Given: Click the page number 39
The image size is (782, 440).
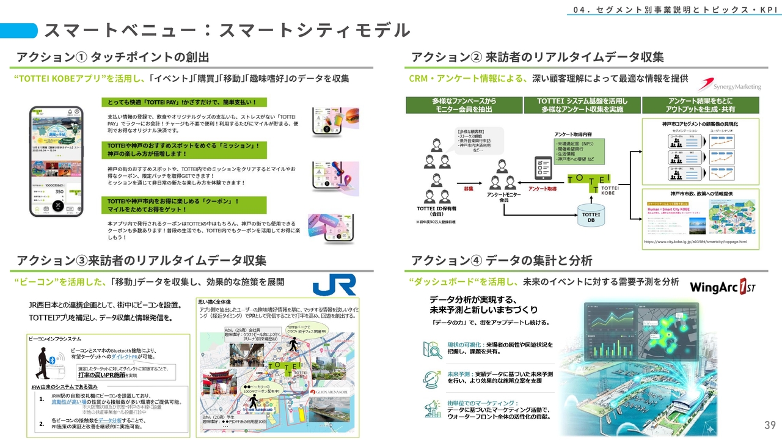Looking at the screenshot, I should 769,425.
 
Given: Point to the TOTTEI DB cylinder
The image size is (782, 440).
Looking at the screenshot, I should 590,216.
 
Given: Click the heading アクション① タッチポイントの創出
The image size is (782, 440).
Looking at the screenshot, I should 113,57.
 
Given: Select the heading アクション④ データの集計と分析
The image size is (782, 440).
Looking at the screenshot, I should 502,261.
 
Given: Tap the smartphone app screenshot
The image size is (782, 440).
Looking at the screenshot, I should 56,161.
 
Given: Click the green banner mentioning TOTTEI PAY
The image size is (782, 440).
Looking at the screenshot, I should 184,102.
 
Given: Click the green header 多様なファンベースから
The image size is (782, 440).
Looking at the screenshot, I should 464,105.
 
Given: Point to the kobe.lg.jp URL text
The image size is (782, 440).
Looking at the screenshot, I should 695,242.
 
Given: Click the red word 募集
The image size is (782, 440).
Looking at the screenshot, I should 469,189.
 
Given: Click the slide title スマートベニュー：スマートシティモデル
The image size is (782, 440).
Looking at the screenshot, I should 226,31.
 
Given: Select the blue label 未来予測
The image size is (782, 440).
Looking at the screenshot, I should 461,373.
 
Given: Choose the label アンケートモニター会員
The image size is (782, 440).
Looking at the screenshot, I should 503,197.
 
